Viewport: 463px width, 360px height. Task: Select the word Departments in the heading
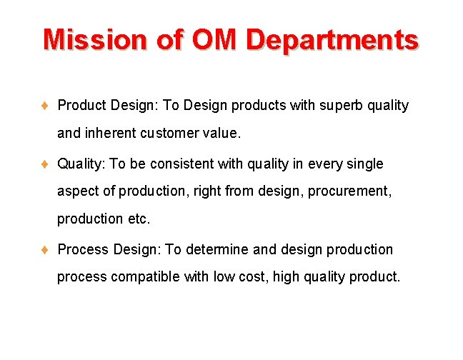click(x=332, y=40)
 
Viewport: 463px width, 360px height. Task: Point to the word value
click(x=221, y=133)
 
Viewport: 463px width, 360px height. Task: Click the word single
click(x=365, y=164)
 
